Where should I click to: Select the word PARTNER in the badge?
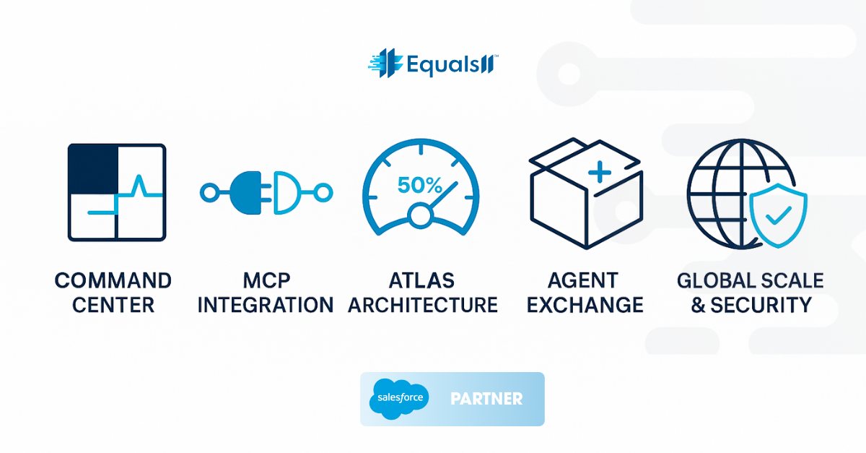point(486,399)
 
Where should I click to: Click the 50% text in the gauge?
point(419,186)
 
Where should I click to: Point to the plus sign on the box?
point(600,172)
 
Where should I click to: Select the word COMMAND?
point(113,280)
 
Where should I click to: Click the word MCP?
point(266,280)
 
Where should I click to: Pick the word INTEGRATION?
point(266,305)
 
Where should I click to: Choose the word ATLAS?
point(422,280)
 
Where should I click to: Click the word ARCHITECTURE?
point(422,305)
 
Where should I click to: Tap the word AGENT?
point(583,280)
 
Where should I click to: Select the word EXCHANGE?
point(585,305)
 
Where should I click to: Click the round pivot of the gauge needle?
point(419,215)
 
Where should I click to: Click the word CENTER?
point(113,305)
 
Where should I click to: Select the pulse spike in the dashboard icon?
point(140,186)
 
